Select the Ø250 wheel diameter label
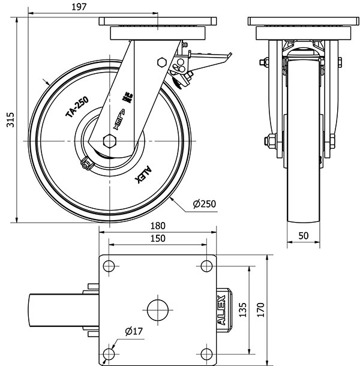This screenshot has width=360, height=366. click(x=204, y=204)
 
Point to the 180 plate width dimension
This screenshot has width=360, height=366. click(x=157, y=226)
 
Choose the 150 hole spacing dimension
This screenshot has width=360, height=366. click(x=157, y=238)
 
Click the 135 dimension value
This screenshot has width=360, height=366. click(x=243, y=309)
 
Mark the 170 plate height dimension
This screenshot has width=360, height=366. click(x=260, y=309)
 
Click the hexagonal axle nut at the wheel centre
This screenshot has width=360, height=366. click(x=109, y=140)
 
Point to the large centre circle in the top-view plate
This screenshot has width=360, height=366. click(x=157, y=309)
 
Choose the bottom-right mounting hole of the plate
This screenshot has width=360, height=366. click(x=207, y=353)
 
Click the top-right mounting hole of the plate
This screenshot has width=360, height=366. click(x=207, y=265)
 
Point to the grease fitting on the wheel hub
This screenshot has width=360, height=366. click(x=85, y=162)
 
